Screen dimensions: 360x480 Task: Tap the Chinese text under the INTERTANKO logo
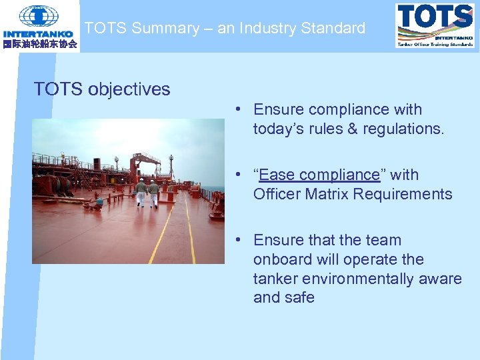40,44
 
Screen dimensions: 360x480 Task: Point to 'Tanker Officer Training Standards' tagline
435,44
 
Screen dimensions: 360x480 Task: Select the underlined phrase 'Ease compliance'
319,175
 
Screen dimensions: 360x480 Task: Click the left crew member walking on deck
141,192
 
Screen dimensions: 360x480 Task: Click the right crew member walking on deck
153,193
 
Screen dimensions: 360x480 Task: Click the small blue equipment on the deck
99,200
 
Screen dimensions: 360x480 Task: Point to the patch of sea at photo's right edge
217,189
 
